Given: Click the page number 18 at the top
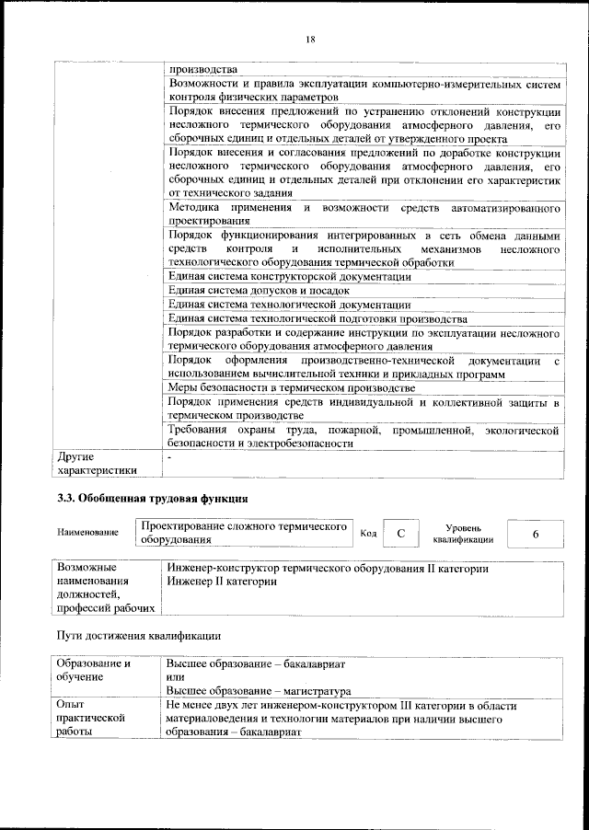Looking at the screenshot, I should click(x=310, y=38).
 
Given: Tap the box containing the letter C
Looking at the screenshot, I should click(x=399, y=534).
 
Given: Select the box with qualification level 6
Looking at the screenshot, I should click(x=535, y=534).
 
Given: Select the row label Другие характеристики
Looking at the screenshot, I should click(x=97, y=463).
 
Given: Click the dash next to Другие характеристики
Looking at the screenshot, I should click(x=169, y=456).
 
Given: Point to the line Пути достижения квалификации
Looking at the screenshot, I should click(x=138, y=635).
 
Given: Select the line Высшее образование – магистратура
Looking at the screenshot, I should click(x=259, y=690).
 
